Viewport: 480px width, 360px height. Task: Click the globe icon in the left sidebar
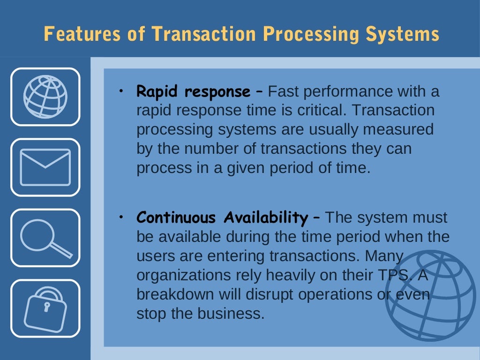click(45, 97)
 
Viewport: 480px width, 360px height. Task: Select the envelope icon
click(45, 167)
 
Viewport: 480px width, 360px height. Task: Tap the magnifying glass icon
click(45, 238)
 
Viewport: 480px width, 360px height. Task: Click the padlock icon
click(45, 308)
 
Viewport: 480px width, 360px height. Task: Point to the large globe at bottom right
click(430, 295)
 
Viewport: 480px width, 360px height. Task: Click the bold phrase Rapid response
click(193, 91)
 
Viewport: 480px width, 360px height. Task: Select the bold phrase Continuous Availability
click(222, 218)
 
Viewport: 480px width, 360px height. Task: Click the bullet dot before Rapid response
click(120, 89)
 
